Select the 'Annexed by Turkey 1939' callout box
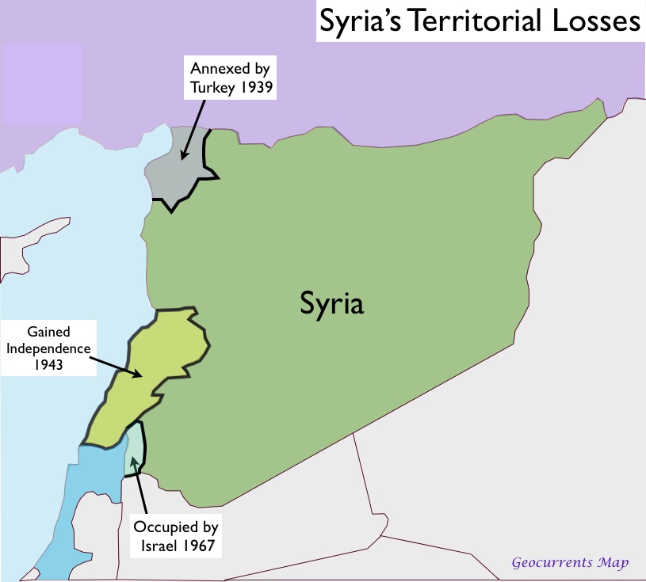click(x=231, y=78)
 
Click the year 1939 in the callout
click(x=254, y=87)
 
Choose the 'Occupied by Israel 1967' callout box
click(x=175, y=536)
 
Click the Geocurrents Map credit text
click(x=570, y=563)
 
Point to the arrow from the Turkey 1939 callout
click(x=191, y=130)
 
